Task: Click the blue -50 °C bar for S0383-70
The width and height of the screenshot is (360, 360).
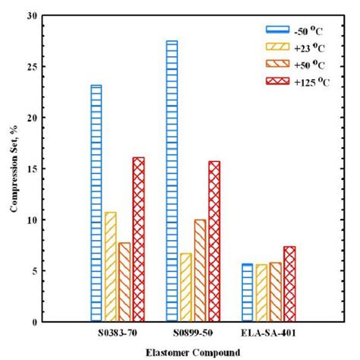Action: click(96, 203)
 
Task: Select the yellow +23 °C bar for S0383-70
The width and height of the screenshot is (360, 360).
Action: click(110, 267)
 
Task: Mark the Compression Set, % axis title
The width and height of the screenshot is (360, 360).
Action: click(13, 169)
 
